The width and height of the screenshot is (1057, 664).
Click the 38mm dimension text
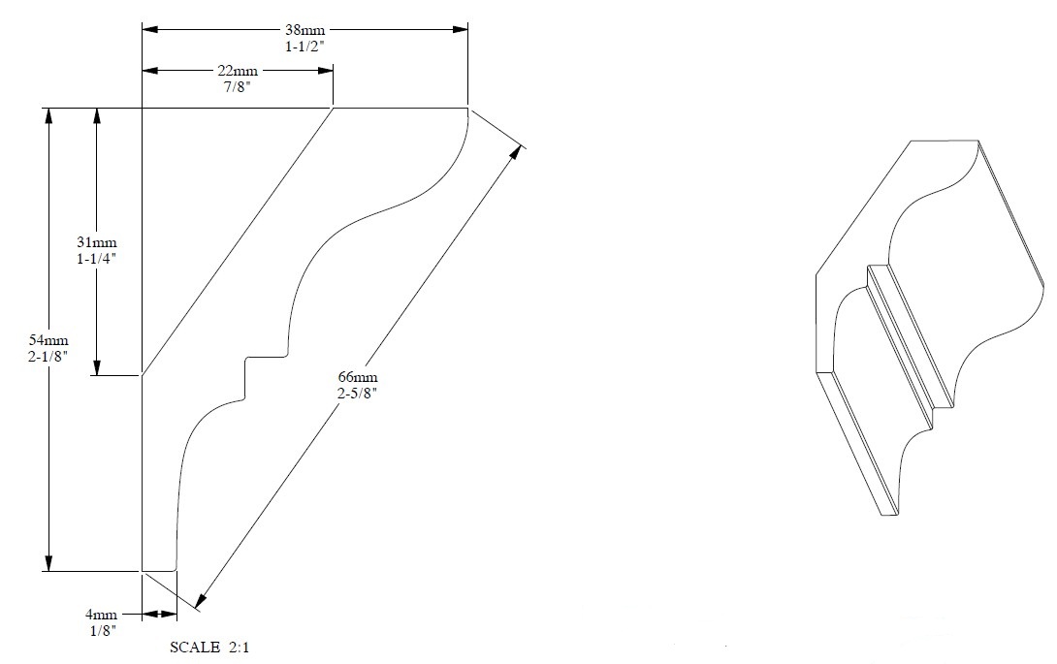tap(304, 30)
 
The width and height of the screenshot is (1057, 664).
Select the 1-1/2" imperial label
tap(304, 47)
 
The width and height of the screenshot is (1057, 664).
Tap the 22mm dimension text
tap(238, 71)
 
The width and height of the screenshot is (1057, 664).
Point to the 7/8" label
tap(238, 87)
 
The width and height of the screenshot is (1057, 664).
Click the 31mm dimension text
tap(96, 242)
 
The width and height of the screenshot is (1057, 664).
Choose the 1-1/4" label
tap(96, 259)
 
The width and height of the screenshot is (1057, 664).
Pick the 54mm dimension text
tap(48, 340)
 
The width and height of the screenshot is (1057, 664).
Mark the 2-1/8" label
tap(48, 357)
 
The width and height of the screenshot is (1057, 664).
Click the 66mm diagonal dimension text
tap(357, 377)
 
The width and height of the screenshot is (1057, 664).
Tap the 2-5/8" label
tap(357, 394)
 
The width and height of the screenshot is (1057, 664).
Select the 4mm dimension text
tap(101, 615)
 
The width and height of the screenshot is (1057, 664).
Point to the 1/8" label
tap(103, 631)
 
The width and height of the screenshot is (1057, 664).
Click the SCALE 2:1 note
tap(208, 648)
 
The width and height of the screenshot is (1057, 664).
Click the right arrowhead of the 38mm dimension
tap(461, 30)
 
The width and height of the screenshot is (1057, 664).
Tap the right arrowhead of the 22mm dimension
tap(326, 70)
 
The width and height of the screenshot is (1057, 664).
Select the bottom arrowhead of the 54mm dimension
tap(48, 563)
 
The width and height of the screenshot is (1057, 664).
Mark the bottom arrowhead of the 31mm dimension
tap(96, 367)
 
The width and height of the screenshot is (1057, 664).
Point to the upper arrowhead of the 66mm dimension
tap(516, 152)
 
